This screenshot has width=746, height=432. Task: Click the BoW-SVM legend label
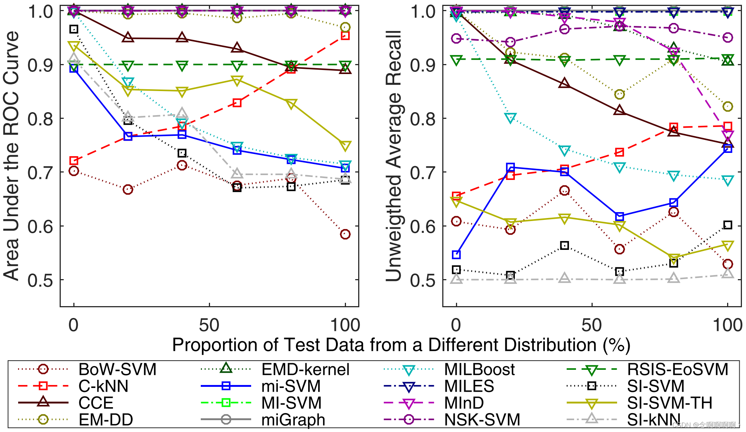(x=117, y=369)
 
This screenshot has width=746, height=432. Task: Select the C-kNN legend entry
(x=103, y=386)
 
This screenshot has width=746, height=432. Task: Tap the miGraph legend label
(x=293, y=420)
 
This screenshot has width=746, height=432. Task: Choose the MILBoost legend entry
(x=479, y=369)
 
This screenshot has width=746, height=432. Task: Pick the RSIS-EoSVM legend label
(x=677, y=369)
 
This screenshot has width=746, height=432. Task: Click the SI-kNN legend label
(x=654, y=420)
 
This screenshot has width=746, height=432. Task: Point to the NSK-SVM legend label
(x=482, y=420)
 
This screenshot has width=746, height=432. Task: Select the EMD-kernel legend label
(x=305, y=369)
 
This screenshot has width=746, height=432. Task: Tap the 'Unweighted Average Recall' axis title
(x=393, y=155)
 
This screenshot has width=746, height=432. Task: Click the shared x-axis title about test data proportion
(x=401, y=345)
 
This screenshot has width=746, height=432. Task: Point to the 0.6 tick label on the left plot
(x=40, y=226)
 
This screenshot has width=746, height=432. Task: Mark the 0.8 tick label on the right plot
(x=422, y=119)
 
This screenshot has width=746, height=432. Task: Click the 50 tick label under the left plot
(x=209, y=325)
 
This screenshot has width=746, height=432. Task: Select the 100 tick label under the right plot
(x=727, y=325)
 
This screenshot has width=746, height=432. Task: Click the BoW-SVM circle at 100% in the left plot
(x=345, y=234)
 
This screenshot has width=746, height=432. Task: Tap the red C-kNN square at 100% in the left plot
(x=345, y=36)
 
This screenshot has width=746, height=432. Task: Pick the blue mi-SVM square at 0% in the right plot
(x=456, y=255)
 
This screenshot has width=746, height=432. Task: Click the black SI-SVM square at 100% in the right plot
(x=728, y=225)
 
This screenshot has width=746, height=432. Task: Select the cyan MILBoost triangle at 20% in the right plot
(x=510, y=118)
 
